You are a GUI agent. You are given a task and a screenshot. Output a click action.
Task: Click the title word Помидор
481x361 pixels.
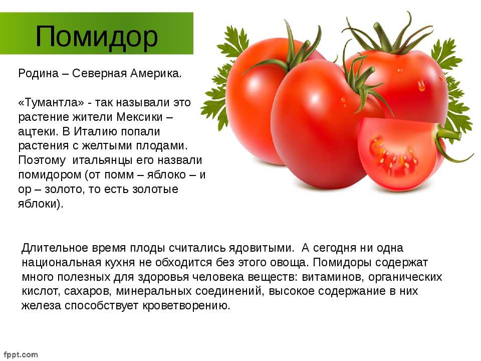tap(97, 37)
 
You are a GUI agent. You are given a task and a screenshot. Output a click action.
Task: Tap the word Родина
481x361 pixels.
tap(39, 74)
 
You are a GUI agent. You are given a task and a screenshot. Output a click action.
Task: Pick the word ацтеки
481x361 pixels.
tap(38, 132)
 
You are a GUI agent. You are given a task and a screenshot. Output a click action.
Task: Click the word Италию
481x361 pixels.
tap(96, 132)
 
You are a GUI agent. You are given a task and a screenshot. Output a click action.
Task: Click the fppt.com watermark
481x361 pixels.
tap(21, 355)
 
